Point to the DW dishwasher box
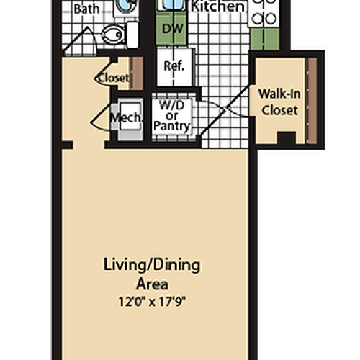pyautogui.click(x=171, y=30)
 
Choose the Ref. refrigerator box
pyautogui.click(x=173, y=66)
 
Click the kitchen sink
pyautogui.click(x=172, y=6)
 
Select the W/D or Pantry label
pyautogui.click(x=173, y=115)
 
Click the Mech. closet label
pyautogui.click(x=120, y=116)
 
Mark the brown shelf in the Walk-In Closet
pyautogui.click(x=311, y=99)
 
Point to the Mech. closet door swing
pyautogui.click(x=101, y=119)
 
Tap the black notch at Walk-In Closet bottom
pyautogui.click(x=286, y=138)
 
